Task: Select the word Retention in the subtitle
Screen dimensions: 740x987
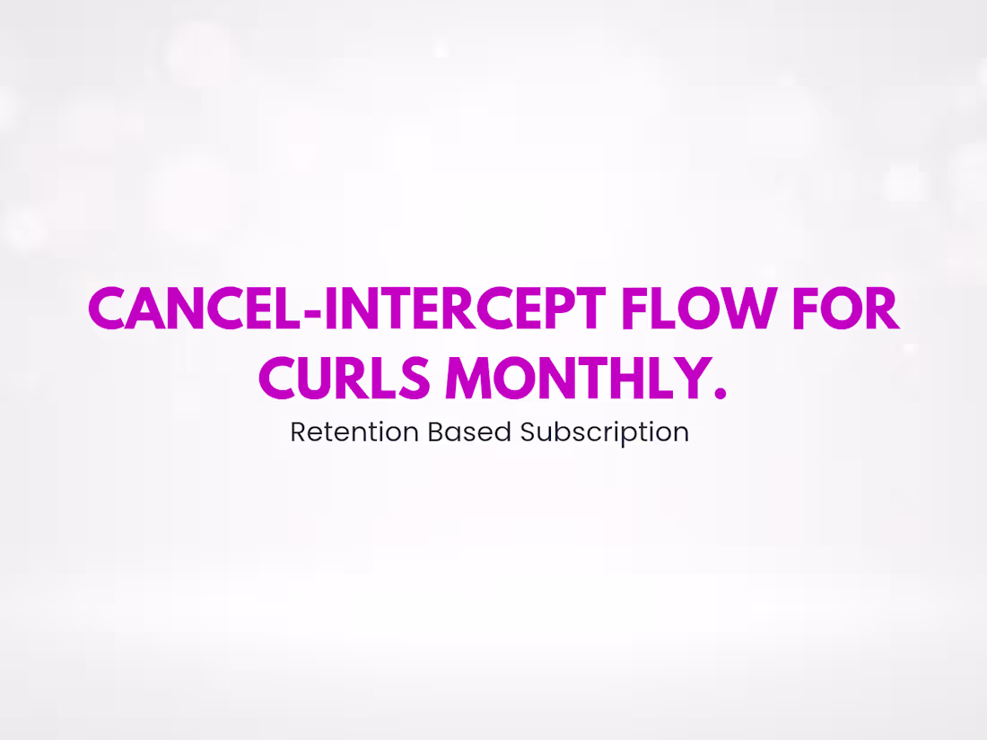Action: [x=354, y=432]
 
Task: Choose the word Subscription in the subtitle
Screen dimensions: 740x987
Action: [x=605, y=432]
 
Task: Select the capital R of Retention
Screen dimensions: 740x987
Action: [x=298, y=432]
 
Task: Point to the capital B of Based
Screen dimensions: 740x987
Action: [x=434, y=432]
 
